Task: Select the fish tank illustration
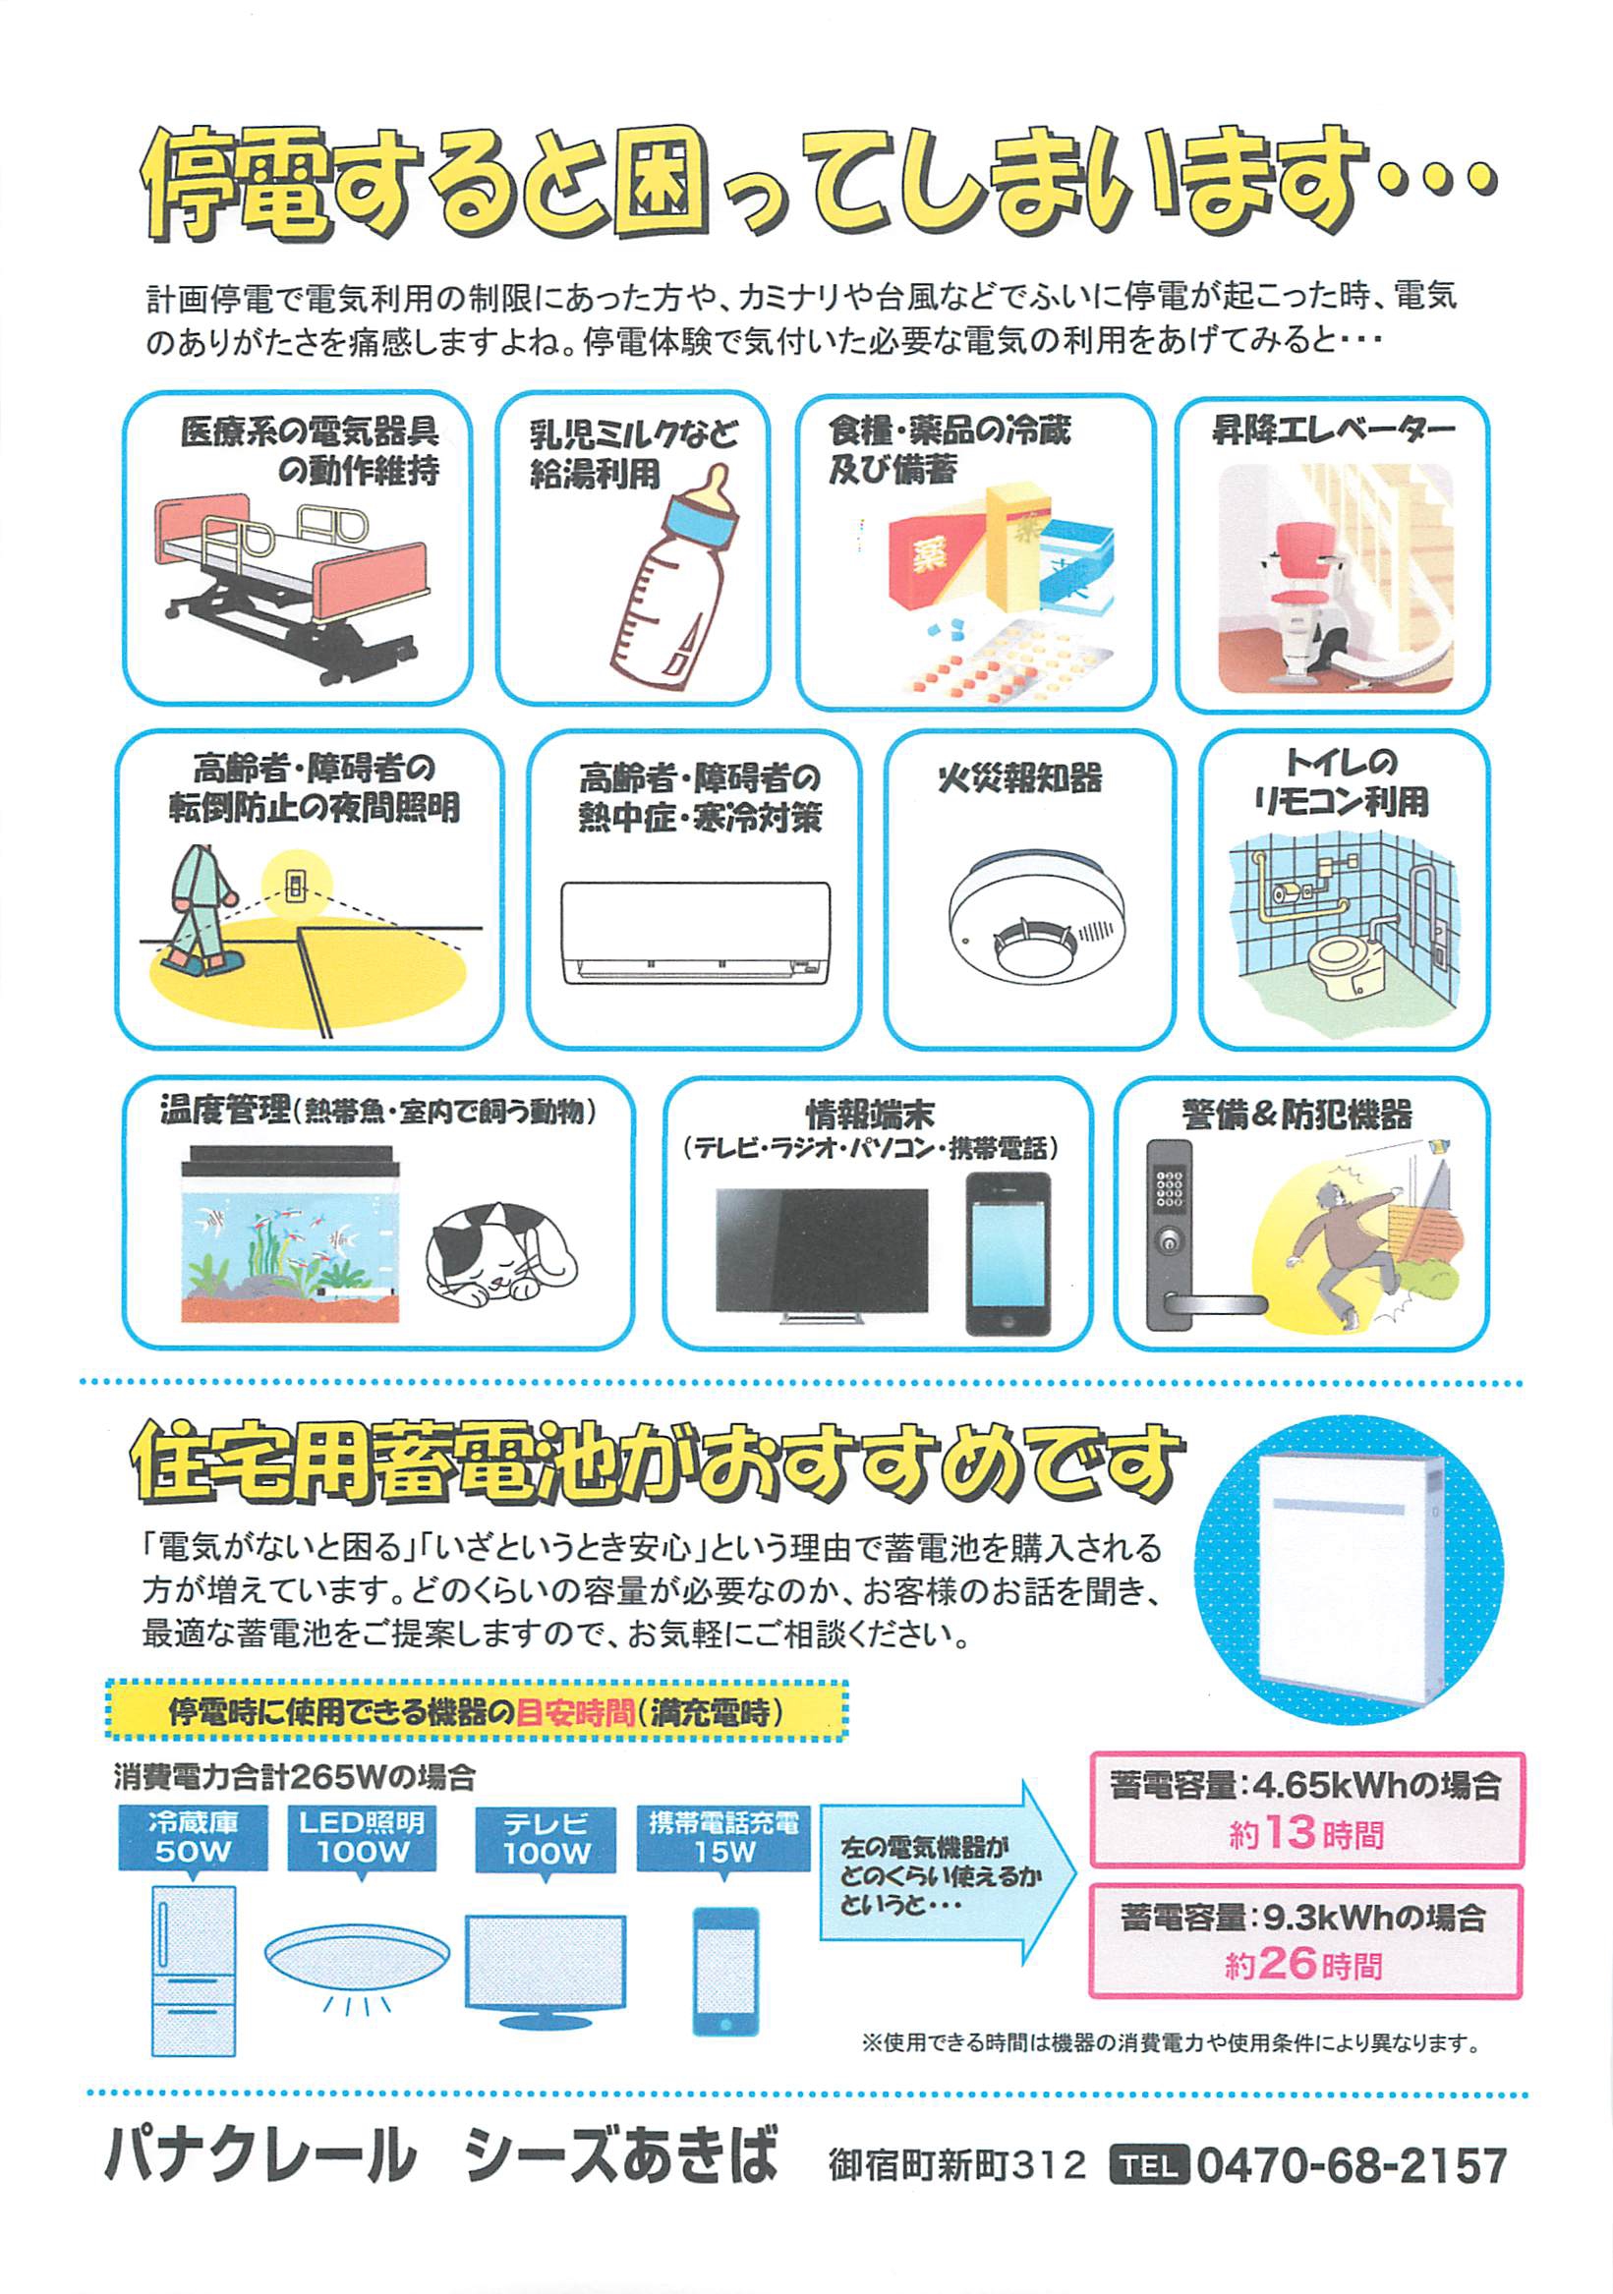[290, 1233]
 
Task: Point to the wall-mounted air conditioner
[696, 932]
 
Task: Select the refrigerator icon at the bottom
[193, 1970]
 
